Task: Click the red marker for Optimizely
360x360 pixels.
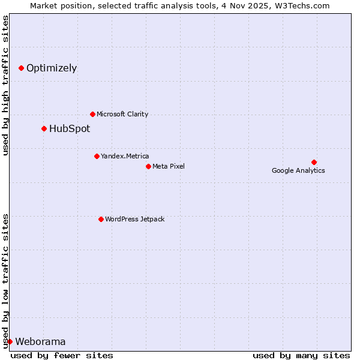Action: click(x=21, y=68)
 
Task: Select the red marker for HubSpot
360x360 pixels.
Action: click(x=44, y=128)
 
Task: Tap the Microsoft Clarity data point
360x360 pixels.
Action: click(x=92, y=114)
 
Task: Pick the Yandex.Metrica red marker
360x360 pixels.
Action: click(x=97, y=156)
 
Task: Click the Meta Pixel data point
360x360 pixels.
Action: click(x=148, y=166)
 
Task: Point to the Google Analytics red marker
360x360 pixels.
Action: click(x=314, y=162)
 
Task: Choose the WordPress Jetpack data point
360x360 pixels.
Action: click(x=101, y=219)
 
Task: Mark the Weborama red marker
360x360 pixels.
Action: click(x=10, y=341)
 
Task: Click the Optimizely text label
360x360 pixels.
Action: click(x=52, y=68)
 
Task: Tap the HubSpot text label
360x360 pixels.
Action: click(x=70, y=128)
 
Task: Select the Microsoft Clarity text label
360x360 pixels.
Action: click(x=122, y=114)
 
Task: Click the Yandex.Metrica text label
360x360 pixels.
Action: click(x=125, y=156)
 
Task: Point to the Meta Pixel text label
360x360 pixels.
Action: click(x=169, y=166)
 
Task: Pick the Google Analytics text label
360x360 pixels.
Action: click(x=298, y=170)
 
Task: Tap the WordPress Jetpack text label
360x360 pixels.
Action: click(x=134, y=219)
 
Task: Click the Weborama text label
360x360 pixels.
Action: click(x=40, y=342)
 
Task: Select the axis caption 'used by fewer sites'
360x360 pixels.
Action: click(x=62, y=355)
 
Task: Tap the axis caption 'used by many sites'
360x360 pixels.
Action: click(x=301, y=355)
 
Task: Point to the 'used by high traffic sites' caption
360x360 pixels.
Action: click(x=6, y=85)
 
